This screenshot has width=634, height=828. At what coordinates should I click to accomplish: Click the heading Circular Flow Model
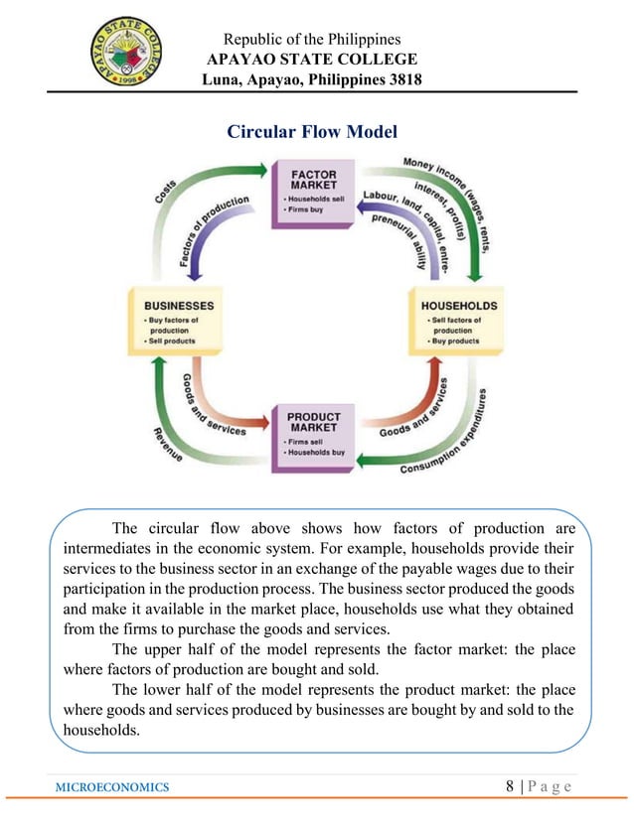(x=312, y=131)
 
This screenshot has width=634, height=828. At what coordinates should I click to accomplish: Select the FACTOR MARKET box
(x=313, y=191)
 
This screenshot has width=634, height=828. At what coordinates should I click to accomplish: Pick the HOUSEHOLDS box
(x=458, y=321)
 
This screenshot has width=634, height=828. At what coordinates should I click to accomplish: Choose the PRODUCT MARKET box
(x=314, y=433)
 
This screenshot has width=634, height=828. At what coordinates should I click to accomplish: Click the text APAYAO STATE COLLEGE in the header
(x=312, y=60)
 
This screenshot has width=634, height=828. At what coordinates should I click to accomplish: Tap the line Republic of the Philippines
(x=312, y=40)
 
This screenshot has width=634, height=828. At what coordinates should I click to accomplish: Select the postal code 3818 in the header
(x=406, y=79)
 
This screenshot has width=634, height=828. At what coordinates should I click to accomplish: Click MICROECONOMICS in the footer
(x=112, y=787)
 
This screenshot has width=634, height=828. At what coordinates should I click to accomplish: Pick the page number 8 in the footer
(x=510, y=786)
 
